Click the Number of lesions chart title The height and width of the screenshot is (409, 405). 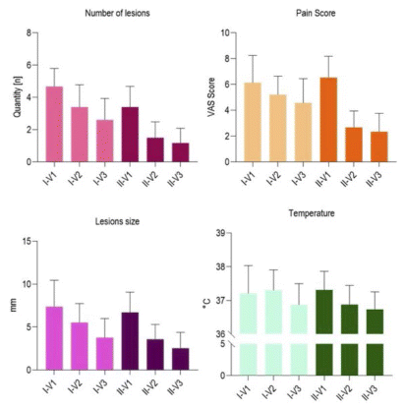(117, 13)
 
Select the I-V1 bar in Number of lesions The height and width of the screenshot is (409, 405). (54, 124)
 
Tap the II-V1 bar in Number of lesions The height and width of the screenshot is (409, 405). (130, 135)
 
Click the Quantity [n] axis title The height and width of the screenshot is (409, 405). (18, 97)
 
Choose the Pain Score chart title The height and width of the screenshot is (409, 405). (316, 13)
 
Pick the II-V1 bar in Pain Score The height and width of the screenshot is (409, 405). (328, 120)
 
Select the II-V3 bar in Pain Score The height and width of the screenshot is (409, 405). (379, 146)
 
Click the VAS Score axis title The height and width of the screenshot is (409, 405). (211, 97)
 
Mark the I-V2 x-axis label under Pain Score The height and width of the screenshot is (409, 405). (274, 179)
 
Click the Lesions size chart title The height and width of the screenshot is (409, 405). (117, 221)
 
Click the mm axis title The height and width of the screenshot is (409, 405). (14, 306)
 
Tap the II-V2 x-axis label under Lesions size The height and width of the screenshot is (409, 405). (150, 387)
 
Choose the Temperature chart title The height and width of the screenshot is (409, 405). (312, 213)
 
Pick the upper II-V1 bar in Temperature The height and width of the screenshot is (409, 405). (324, 312)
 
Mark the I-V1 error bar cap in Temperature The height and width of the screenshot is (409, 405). (249, 265)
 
